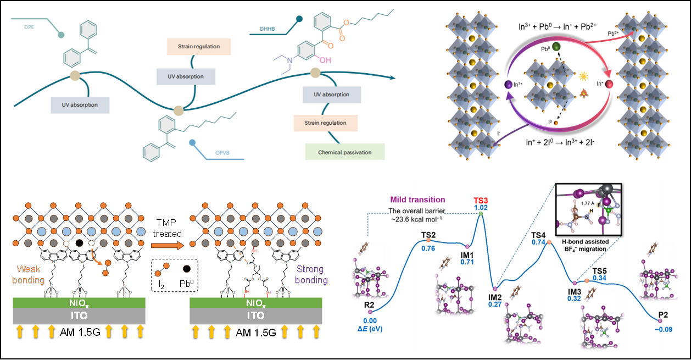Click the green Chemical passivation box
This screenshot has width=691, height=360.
(x=345, y=152)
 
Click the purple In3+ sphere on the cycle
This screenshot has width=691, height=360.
(x=509, y=85)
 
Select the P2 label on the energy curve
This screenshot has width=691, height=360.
(x=663, y=317)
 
